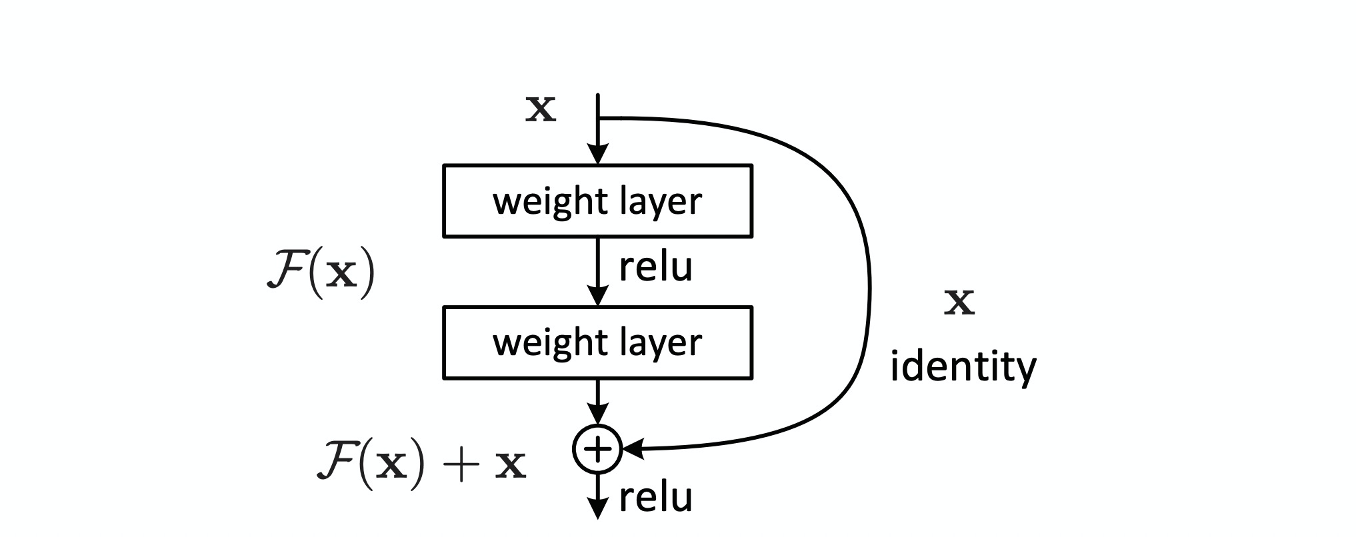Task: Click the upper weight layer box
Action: click(597, 201)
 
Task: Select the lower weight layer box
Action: click(597, 342)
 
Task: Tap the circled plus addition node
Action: click(597, 450)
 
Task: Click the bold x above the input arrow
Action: click(541, 111)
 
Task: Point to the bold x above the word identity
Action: click(960, 303)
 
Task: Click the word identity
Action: click(963, 366)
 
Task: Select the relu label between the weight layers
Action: click(656, 267)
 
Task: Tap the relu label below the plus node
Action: click(656, 497)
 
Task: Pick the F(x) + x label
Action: click(421, 464)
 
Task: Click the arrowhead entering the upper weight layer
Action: click(598, 155)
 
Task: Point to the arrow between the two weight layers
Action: click(599, 270)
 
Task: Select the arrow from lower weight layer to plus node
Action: click(598, 400)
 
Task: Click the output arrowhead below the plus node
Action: click(598, 510)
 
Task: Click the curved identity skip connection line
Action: click(868, 286)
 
